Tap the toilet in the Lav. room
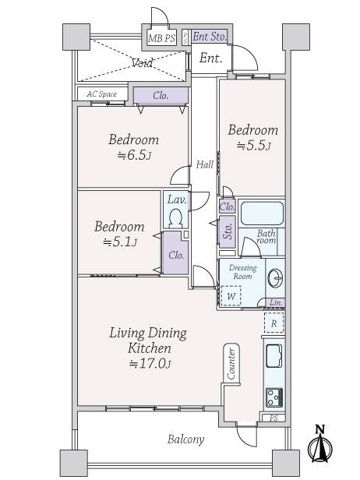pyautogui.click(x=175, y=216)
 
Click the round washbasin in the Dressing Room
pyautogui.click(x=274, y=278)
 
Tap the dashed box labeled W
pyautogui.click(x=231, y=296)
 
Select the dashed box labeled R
pyautogui.click(x=274, y=322)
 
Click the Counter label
pyautogui.click(x=231, y=364)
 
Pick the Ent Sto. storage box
pyautogui.click(x=209, y=36)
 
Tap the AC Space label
pyautogui.click(x=101, y=94)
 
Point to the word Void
pyautogui.click(x=141, y=62)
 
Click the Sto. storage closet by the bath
pyautogui.click(x=228, y=231)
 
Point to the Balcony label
pyautogui.click(x=186, y=439)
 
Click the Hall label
pyautogui.click(x=204, y=164)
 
